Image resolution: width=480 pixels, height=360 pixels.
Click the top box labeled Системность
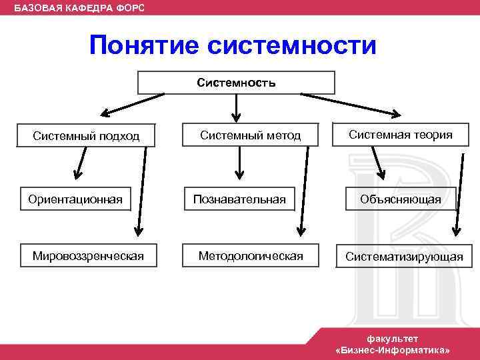(236, 83)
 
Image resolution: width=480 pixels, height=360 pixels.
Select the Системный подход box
(86, 136)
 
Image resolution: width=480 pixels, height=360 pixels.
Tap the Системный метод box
(251, 135)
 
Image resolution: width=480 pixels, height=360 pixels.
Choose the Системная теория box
(400, 135)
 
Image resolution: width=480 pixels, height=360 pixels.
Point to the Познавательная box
(239, 199)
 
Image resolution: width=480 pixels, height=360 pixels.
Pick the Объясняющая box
(401, 199)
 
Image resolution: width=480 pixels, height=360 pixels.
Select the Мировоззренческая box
(89, 256)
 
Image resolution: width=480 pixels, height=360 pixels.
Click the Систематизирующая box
(404, 257)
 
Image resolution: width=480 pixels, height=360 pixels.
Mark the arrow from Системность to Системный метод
(236, 106)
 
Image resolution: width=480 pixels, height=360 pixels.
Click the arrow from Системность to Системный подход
(133, 104)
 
